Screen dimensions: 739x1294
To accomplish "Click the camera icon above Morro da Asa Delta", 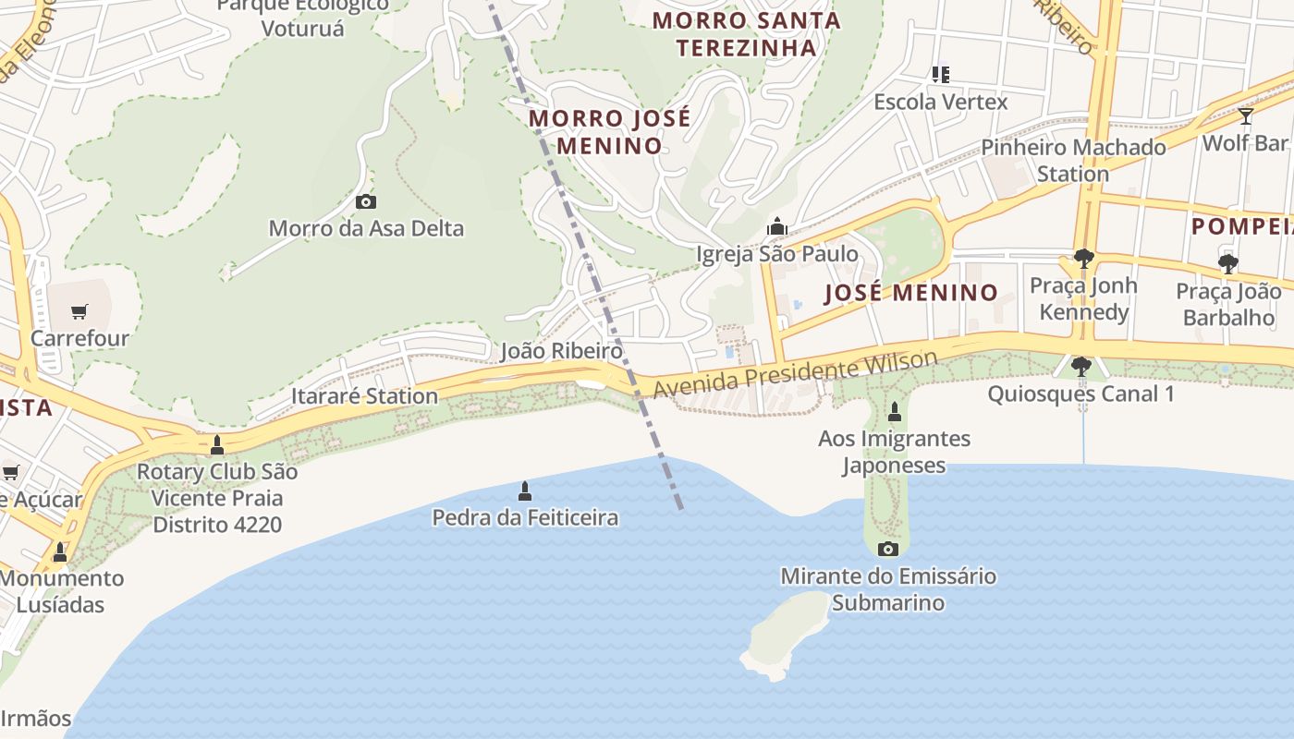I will pyautogui.click(x=366, y=201).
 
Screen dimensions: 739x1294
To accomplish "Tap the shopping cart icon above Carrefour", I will pyautogui.click(x=79, y=311).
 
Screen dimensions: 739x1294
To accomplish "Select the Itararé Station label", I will pyautogui.click(x=364, y=396).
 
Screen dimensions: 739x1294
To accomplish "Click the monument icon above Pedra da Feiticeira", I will pyautogui.click(x=525, y=491).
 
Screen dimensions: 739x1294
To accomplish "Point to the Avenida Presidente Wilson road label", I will pyautogui.click(x=795, y=374).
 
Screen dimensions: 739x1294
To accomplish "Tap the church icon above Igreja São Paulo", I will pyautogui.click(x=777, y=226).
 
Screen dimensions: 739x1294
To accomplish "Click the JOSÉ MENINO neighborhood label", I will pyautogui.click(x=910, y=293).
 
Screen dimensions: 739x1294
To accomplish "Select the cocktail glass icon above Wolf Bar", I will pyautogui.click(x=1245, y=116).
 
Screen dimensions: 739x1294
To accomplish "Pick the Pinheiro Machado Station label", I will pyautogui.click(x=1073, y=160).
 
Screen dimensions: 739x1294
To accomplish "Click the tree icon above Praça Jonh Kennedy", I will pyautogui.click(x=1083, y=259).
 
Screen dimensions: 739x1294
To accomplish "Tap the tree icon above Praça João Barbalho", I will pyautogui.click(x=1227, y=264).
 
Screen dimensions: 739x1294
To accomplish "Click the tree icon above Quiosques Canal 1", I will pyautogui.click(x=1080, y=367).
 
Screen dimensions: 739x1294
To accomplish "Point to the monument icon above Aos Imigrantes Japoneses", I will pyautogui.click(x=894, y=411).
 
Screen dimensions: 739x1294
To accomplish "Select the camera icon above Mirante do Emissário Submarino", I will pyautogui.click(x=887, y=550).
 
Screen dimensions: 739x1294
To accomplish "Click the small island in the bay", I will pyautogui.click(x=785, y=635).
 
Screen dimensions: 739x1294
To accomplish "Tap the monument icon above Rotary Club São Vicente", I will pyautogui.click(x=217, y=445).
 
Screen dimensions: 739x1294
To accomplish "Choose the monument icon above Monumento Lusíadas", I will pyautogui.click(x=60, y=551).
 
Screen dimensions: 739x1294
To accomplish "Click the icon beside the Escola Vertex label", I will pyautogui.click(x=940, y=74).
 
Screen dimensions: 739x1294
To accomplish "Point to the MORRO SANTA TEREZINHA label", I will pyautogui.click(x=747, y=33).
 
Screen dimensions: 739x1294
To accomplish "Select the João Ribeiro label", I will pyautogui.click(x=561, y=351).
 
